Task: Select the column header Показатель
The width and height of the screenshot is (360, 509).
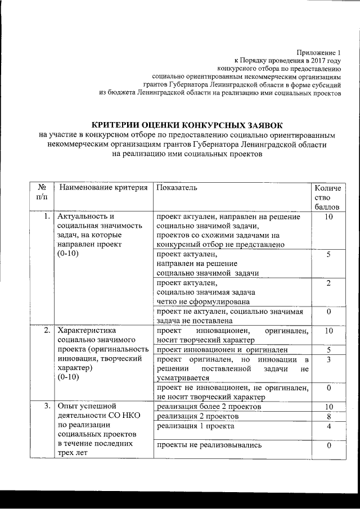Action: (177, 187)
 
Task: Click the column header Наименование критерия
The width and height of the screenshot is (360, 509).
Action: (103, 187)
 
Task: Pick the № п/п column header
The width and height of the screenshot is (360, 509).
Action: (41, 192)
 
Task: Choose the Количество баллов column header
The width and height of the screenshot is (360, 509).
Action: (327, 197)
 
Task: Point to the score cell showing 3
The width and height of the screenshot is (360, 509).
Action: (328, 359)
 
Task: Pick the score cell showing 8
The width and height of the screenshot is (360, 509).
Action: (328, 416)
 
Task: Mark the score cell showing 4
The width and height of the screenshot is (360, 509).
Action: (328, 426)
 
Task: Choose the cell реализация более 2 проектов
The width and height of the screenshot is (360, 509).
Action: (209, 406)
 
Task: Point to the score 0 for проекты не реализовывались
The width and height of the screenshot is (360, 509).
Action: (328, 445)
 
